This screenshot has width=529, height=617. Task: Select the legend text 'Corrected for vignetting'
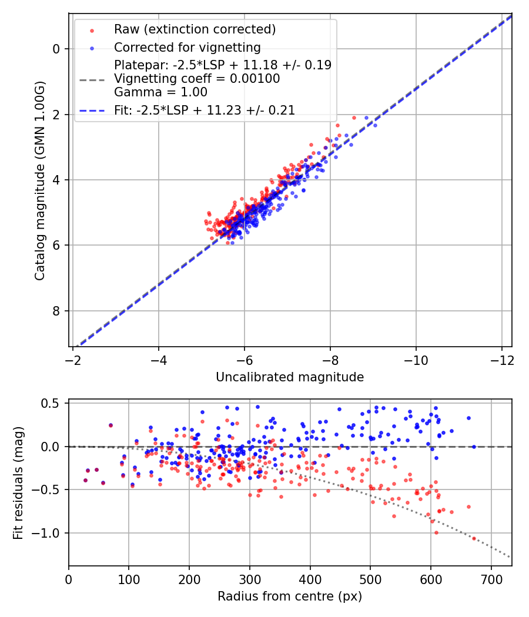pos(187,47)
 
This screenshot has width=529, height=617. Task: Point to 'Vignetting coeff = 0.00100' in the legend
pos(197,79)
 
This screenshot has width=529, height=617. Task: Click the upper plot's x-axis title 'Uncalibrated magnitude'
pos(290,377)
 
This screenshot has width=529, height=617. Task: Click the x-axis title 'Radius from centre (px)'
pos(290,596)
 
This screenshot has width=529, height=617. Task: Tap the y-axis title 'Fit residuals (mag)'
pos(18,482)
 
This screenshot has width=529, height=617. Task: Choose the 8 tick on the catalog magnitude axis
pos(56,311)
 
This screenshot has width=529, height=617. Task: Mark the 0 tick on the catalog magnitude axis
pos(56,49)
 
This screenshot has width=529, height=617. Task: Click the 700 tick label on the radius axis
pos(430,578)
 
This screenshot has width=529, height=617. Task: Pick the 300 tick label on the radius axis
pos(249,578)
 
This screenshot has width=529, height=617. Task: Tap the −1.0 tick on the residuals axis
pos(49,533)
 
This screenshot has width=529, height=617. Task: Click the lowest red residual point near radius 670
pos(474,538)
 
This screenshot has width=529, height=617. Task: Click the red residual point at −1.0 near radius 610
pos(436,532)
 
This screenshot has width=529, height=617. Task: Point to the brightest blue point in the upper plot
pos(375,125)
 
